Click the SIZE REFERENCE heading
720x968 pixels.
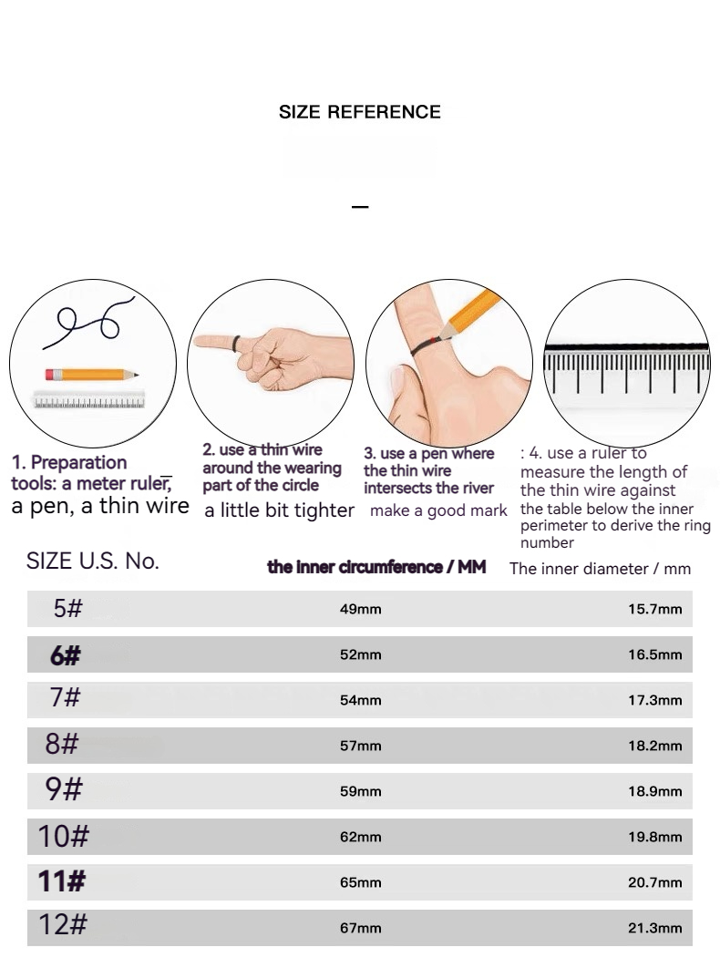[x=359, y=112]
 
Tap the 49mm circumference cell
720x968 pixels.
[x=361, y=609]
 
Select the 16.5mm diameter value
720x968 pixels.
[x=655, y=654]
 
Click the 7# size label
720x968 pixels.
[x=65, y=697]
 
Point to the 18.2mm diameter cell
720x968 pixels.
[x=655, y=746]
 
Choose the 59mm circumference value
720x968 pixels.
[x=361, y=791]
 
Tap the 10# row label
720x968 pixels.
[x=64, y=836]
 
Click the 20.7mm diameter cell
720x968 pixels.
[x=655, y=883]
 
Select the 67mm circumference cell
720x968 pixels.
[x=361, y=928]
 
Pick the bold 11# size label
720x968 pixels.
[x=62, y=881]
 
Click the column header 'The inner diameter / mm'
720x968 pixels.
[x=601, y=569]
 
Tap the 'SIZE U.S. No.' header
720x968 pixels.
[x=93, y=561]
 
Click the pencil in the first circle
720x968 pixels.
[x=91, y=374]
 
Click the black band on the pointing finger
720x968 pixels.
[x=236, y=344]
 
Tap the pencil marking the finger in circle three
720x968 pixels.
[x=469, y=314]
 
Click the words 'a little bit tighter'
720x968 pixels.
[x=279, y=510]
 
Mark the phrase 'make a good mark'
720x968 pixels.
[x=438, y=510]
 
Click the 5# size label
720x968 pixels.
[x=68, y=608]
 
